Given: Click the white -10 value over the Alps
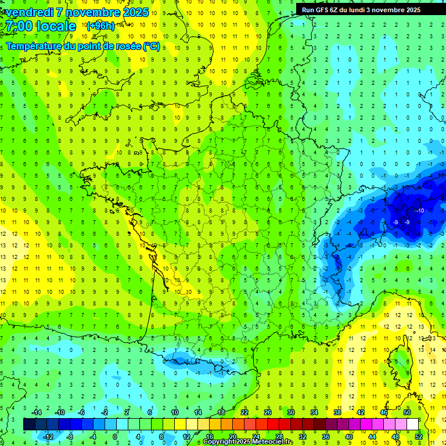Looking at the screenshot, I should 420,210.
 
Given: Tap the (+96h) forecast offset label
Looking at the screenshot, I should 100,26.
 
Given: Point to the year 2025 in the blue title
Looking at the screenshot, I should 135,12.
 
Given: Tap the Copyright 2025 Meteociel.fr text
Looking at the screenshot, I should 248,442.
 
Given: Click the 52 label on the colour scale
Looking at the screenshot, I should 418,436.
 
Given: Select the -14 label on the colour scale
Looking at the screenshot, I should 36,412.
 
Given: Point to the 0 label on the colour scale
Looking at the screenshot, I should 115,436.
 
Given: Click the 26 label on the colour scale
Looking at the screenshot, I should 268,412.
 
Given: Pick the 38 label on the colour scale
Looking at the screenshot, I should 337,412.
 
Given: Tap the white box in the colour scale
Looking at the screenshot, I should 412,424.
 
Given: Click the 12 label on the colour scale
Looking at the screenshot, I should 186,436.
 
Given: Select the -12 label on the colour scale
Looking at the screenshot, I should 48,436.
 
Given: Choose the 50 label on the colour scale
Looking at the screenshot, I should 407,412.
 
